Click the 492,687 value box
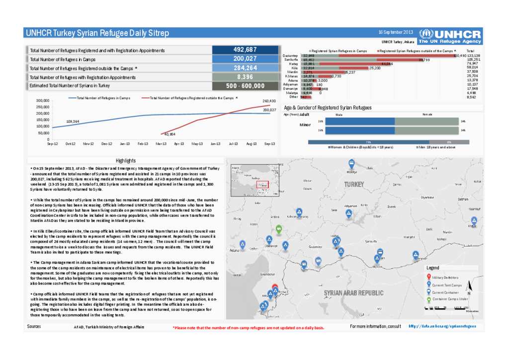click(x=245, y=50)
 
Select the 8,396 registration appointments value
click(x=245, y=77)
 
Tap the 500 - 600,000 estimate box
click(x=245, y=86)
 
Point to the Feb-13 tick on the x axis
click(x=143, y=144)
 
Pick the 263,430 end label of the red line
click(x=269, y=101)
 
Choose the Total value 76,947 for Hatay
click(x=473, y=64)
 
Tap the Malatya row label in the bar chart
click(x=292, y=92)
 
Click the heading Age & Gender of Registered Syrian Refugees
click(x=328, y=107)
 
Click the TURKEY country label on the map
click(x=353, y=184)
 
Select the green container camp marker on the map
click(x=278, y=229)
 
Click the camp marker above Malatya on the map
click(x=351, y=164)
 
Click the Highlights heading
click(x=126, y=161)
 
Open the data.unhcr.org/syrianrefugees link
click(x=439, y=326)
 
